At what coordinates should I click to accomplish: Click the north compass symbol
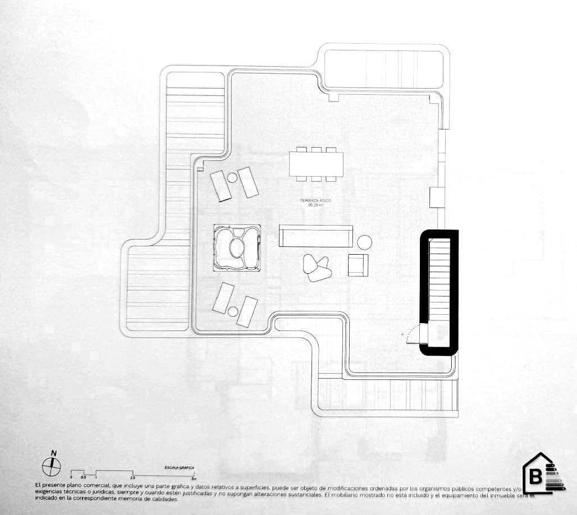coord(52,465)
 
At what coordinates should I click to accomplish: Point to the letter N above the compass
coord(54,453)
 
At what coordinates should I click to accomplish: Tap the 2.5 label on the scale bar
coord(132,477)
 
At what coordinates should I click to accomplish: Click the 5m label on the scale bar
coord(194,479)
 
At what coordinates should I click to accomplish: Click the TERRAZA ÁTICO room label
coord(315,200)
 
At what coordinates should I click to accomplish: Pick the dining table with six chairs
coord(316,164)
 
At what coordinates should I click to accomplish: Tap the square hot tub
coord(237,247)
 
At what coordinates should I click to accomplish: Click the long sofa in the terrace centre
coord(316,236)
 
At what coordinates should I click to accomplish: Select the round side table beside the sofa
coord(365,242)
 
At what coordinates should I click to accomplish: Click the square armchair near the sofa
coord(358,264)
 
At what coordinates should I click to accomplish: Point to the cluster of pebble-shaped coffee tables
coord(316,267)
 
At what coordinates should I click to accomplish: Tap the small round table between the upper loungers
coord(232,178)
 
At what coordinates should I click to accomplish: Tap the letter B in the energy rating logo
coord(535,477)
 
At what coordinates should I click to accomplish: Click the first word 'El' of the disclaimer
coord(37,484)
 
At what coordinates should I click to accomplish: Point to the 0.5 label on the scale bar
coord(83,477)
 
